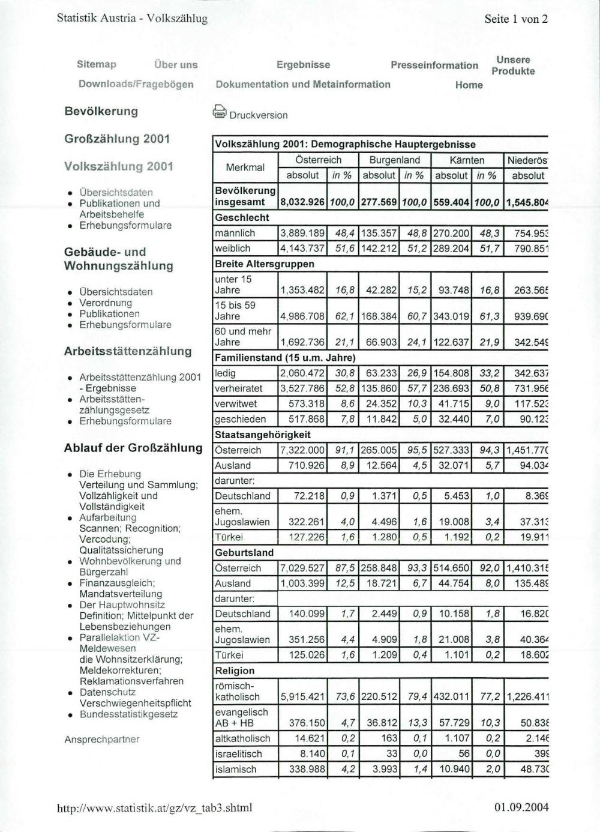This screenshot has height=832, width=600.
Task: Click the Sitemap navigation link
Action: click(96, 64)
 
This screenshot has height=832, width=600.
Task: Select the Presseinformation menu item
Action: click(434, 65)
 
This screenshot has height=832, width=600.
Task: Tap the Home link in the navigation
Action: click(469, 85)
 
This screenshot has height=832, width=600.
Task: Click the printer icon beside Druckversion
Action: click(220, 112)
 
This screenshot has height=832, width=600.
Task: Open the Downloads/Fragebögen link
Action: click(136, 84)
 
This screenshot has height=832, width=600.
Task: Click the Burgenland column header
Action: click(394, 160)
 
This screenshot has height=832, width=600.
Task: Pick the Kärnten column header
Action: click(466, 160)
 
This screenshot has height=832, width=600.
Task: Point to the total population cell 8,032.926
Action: click(302, 202)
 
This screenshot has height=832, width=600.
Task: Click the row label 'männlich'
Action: click(235, 233)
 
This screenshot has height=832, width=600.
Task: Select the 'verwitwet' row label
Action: click(236, 404)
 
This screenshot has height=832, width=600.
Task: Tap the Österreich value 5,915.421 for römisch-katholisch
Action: click(302, 697)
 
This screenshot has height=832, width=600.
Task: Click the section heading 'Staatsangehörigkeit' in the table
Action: click(263, 435)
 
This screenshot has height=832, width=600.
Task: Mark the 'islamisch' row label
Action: click(236, 769)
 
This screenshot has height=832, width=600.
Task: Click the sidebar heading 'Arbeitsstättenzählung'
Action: click(128, 351)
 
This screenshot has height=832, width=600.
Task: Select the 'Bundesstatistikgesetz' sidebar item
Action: click(128, 714)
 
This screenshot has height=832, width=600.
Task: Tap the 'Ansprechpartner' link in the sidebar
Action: click(101, 740)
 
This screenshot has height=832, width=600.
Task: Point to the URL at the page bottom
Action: click(154, 807)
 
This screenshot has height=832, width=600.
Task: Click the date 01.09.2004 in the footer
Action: click(521, 807)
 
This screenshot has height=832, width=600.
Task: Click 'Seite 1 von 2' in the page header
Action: click(515, 19)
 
